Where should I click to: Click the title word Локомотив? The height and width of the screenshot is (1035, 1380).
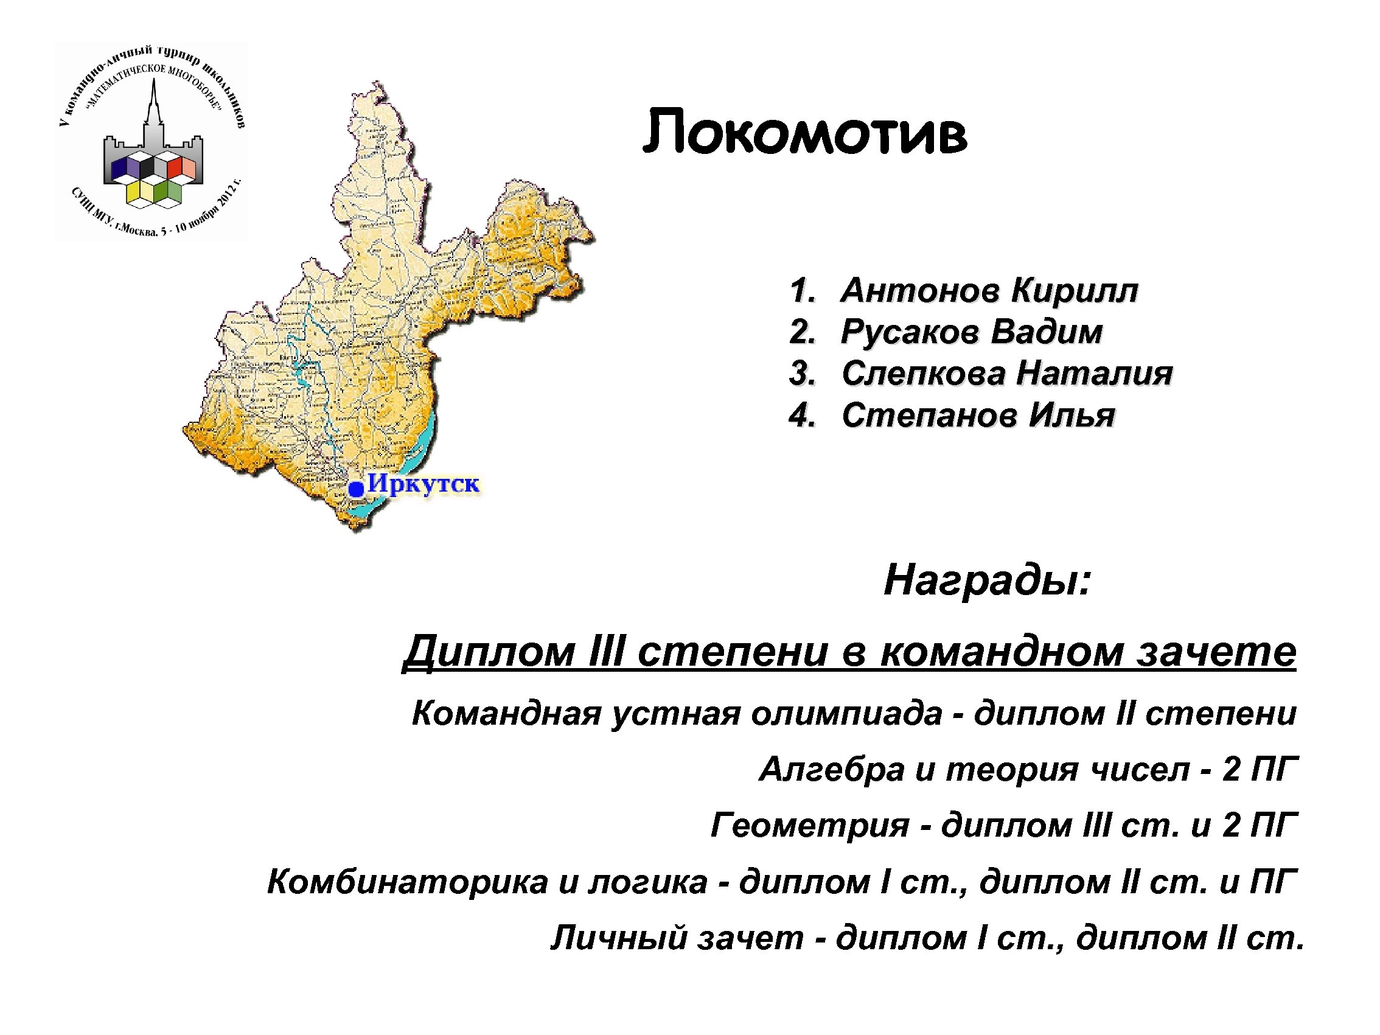[x=804, y=132]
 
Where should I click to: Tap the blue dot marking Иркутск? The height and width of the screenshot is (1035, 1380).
[x=356, y=489]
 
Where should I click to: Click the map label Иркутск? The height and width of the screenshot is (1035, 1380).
[x=423, y=484]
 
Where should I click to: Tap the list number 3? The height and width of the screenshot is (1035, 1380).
[x=801, y=374]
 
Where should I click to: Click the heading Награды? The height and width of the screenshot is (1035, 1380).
[x=987, y=580]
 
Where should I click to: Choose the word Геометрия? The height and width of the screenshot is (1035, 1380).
[x=810, y=825]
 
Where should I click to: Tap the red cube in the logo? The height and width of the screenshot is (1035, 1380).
[x=175, y=166]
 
